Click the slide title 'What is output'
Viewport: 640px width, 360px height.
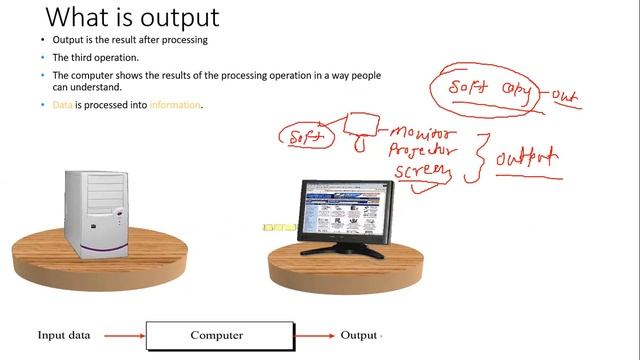(x=133, y=18)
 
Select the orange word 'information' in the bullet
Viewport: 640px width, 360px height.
(x=175, y=104)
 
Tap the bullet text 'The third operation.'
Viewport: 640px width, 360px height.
(x=96, y=58)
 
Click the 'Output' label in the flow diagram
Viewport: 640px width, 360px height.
(x=359, y=336)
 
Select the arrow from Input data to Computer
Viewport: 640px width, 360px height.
(x=124, y=336)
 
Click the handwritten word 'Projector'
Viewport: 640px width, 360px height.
(x=424, y=151)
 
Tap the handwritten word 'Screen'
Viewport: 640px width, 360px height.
(x=421, y=172)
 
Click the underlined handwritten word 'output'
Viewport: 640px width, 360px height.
(x=526, y=158)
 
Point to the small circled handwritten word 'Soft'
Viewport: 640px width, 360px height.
(x=305, y=138)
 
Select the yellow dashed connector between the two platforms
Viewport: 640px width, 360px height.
(x=279, y=227)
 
